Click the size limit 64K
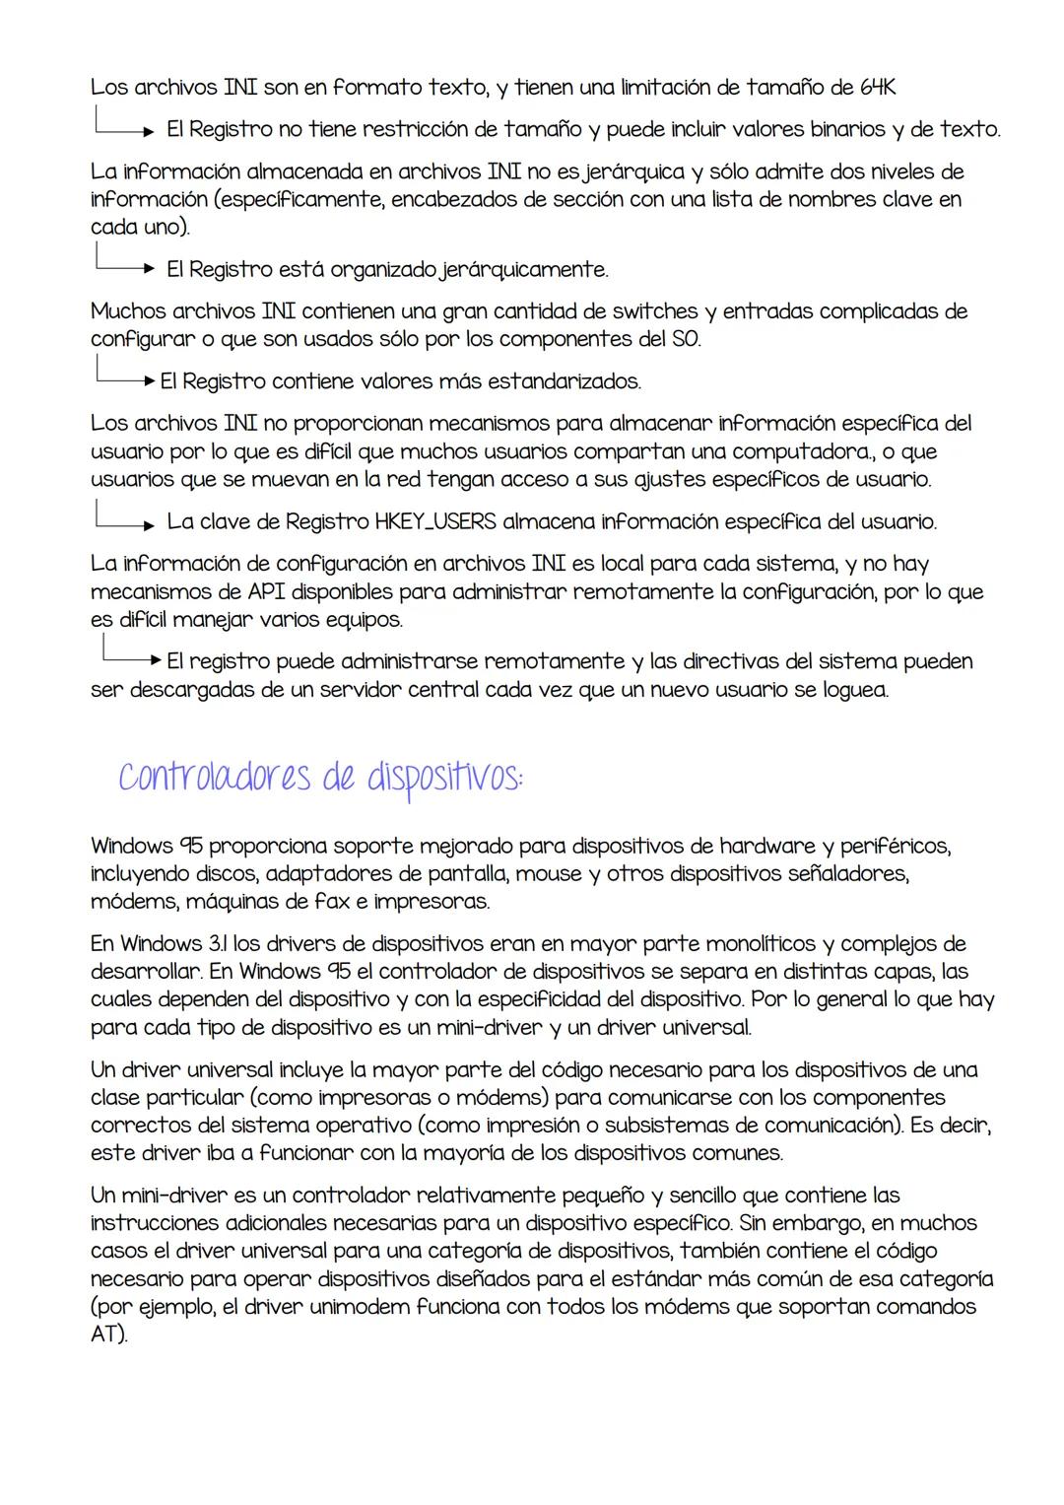click(875, 87)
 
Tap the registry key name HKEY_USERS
click(434, 521)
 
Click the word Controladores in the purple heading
click(205, 776)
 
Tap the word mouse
click(549, 873)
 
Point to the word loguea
click(852, 689)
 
